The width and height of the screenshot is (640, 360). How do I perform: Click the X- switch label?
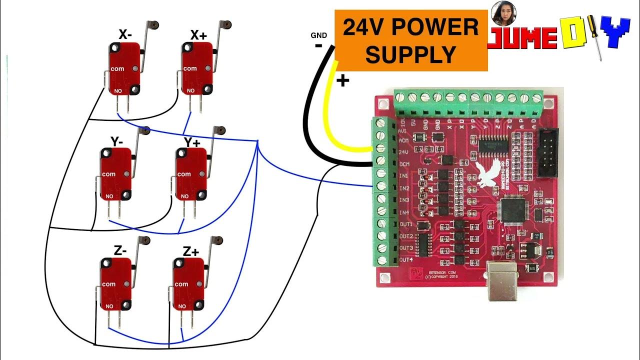pos(125,34)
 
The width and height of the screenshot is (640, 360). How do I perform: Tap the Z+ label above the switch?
pos(190,251)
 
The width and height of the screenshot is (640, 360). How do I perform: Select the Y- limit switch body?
pos(115,174)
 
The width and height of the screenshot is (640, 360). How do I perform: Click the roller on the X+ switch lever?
pos(227,23)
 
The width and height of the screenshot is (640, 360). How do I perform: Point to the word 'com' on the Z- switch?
pos(108,284)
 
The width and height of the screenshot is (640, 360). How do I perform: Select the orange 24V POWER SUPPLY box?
pos(410,40)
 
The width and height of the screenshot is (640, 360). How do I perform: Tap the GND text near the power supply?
pos(318,35)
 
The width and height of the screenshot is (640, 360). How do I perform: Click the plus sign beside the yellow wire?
pos(342,80)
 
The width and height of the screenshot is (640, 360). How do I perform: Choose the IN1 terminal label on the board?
pos(404,176)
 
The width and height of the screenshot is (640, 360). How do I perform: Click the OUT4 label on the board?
pos(405,260)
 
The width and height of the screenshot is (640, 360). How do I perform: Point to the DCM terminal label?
pos(404,164)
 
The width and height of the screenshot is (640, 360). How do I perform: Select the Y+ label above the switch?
pos(191,142)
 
